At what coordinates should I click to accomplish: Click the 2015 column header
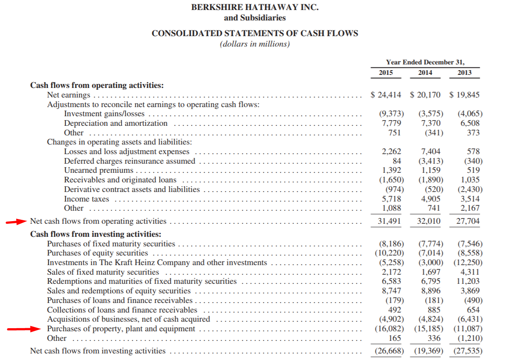[x=386, y=73]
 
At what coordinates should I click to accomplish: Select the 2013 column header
[x=464, y=73]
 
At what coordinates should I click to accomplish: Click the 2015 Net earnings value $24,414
[x=385, y=95]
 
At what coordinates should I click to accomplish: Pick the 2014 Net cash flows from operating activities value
[x=428, y=221]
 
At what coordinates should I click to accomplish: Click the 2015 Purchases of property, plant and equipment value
[x=389, y=329]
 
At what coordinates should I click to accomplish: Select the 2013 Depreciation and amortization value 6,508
[x=470, y=123]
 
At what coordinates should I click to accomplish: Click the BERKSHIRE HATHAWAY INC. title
[x=255, y=7]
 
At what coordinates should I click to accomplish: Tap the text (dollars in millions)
[x=255, y=44]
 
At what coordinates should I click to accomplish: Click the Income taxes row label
[x=87, y=199]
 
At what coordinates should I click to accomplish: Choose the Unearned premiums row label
[x=98, y=170]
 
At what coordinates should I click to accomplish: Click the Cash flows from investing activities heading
[x=95, y=234]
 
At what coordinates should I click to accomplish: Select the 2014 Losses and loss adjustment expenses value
[x=431, y=151]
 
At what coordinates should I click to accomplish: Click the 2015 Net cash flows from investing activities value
[x=389, y=351]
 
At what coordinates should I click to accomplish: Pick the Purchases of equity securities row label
[x=98, y=253]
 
